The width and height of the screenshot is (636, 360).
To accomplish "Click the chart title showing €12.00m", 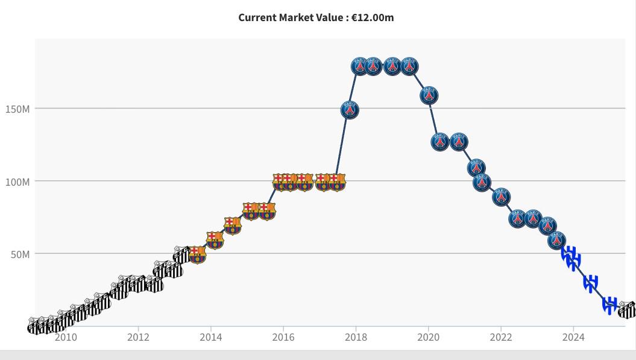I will tap(316, 17).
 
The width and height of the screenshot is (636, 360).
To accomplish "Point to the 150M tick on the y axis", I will tap(17, 109).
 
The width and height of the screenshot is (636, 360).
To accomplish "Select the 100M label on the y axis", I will tap(17, 182).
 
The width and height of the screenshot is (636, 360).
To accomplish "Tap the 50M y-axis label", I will tap(20, 254).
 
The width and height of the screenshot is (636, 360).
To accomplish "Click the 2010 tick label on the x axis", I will tap(66, 337).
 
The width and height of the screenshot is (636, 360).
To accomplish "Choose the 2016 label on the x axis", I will tap(283, 337).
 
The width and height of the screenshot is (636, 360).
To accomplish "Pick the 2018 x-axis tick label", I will tap(356, 337).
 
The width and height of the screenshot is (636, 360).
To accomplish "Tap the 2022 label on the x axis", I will tap(501, 337).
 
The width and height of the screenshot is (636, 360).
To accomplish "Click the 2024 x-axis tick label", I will tap(573, 337).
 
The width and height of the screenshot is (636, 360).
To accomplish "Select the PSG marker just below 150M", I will tap(350, 110).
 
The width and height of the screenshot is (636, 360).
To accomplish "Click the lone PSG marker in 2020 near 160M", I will tap(429, 95).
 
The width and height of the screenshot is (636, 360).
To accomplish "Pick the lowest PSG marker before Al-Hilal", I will tap(557, 240).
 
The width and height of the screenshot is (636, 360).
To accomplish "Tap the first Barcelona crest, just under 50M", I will tap(197, 254).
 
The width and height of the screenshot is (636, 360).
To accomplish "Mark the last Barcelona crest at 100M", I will tap(336, 182).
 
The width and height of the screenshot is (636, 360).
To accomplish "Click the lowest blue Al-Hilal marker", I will tap(610, 305).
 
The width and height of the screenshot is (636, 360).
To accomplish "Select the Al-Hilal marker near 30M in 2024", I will tap(591, 282).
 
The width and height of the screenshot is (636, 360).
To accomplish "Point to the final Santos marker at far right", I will tap(628, 310).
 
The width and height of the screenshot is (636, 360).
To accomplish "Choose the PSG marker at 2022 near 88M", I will tap(501, 197).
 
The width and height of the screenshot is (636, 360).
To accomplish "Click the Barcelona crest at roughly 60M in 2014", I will tap(215, 240).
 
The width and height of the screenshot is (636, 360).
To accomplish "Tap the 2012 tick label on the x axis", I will tap(138, 337).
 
